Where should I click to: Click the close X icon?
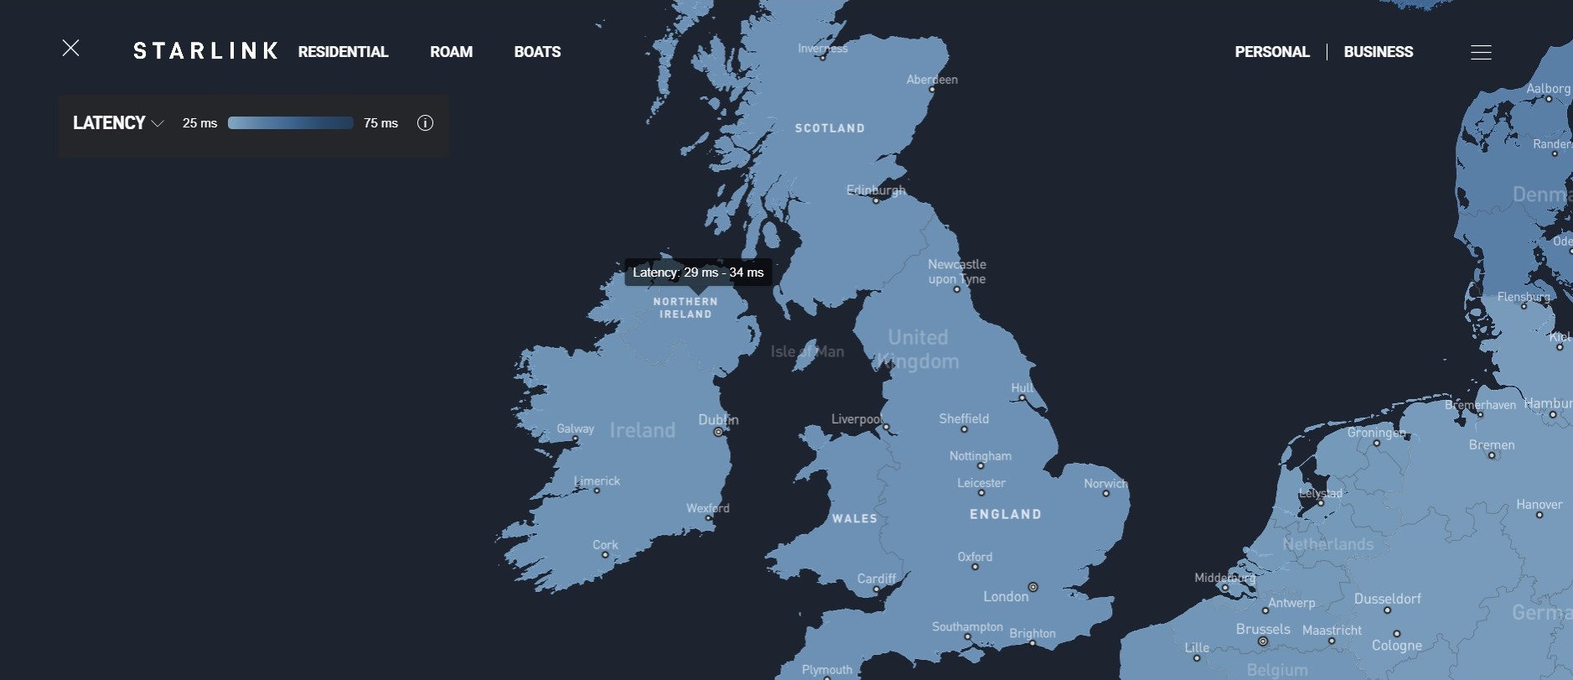[71, 49]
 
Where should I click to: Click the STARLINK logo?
[205, 51]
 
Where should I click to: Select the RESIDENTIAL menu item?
[343, 52]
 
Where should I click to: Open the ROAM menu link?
[451, 52]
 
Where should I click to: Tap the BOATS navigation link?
[537, 52]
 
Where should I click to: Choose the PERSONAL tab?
[1271, 52]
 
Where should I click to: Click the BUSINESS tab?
[1378, 52]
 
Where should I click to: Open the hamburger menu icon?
[1481, 53]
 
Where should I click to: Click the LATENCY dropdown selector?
[118, 123]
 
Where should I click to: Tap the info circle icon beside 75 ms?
[425, 123]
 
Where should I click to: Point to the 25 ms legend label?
[199, 123]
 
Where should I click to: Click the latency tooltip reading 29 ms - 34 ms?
[698, 273]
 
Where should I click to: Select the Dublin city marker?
[718, 432]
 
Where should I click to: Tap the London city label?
[1006, 596]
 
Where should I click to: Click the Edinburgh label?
[876, 190]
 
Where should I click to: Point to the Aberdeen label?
[932, 80]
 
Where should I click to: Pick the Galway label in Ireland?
[575, 428]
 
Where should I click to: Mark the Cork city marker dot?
[605, 555]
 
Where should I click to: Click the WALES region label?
[855, 519]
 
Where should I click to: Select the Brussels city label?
[1263, 629]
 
